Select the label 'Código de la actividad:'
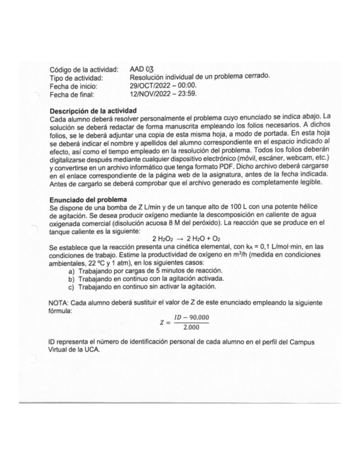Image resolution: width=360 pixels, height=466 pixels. [84, 69]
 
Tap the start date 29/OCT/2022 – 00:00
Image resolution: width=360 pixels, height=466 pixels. [163, 86]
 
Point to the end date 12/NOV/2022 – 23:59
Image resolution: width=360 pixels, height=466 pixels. [163, 94]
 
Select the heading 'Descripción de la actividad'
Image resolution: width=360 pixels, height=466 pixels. [92, 110]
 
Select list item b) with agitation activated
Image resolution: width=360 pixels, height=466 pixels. [148, 279]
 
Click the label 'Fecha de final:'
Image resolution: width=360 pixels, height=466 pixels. [71, 94]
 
